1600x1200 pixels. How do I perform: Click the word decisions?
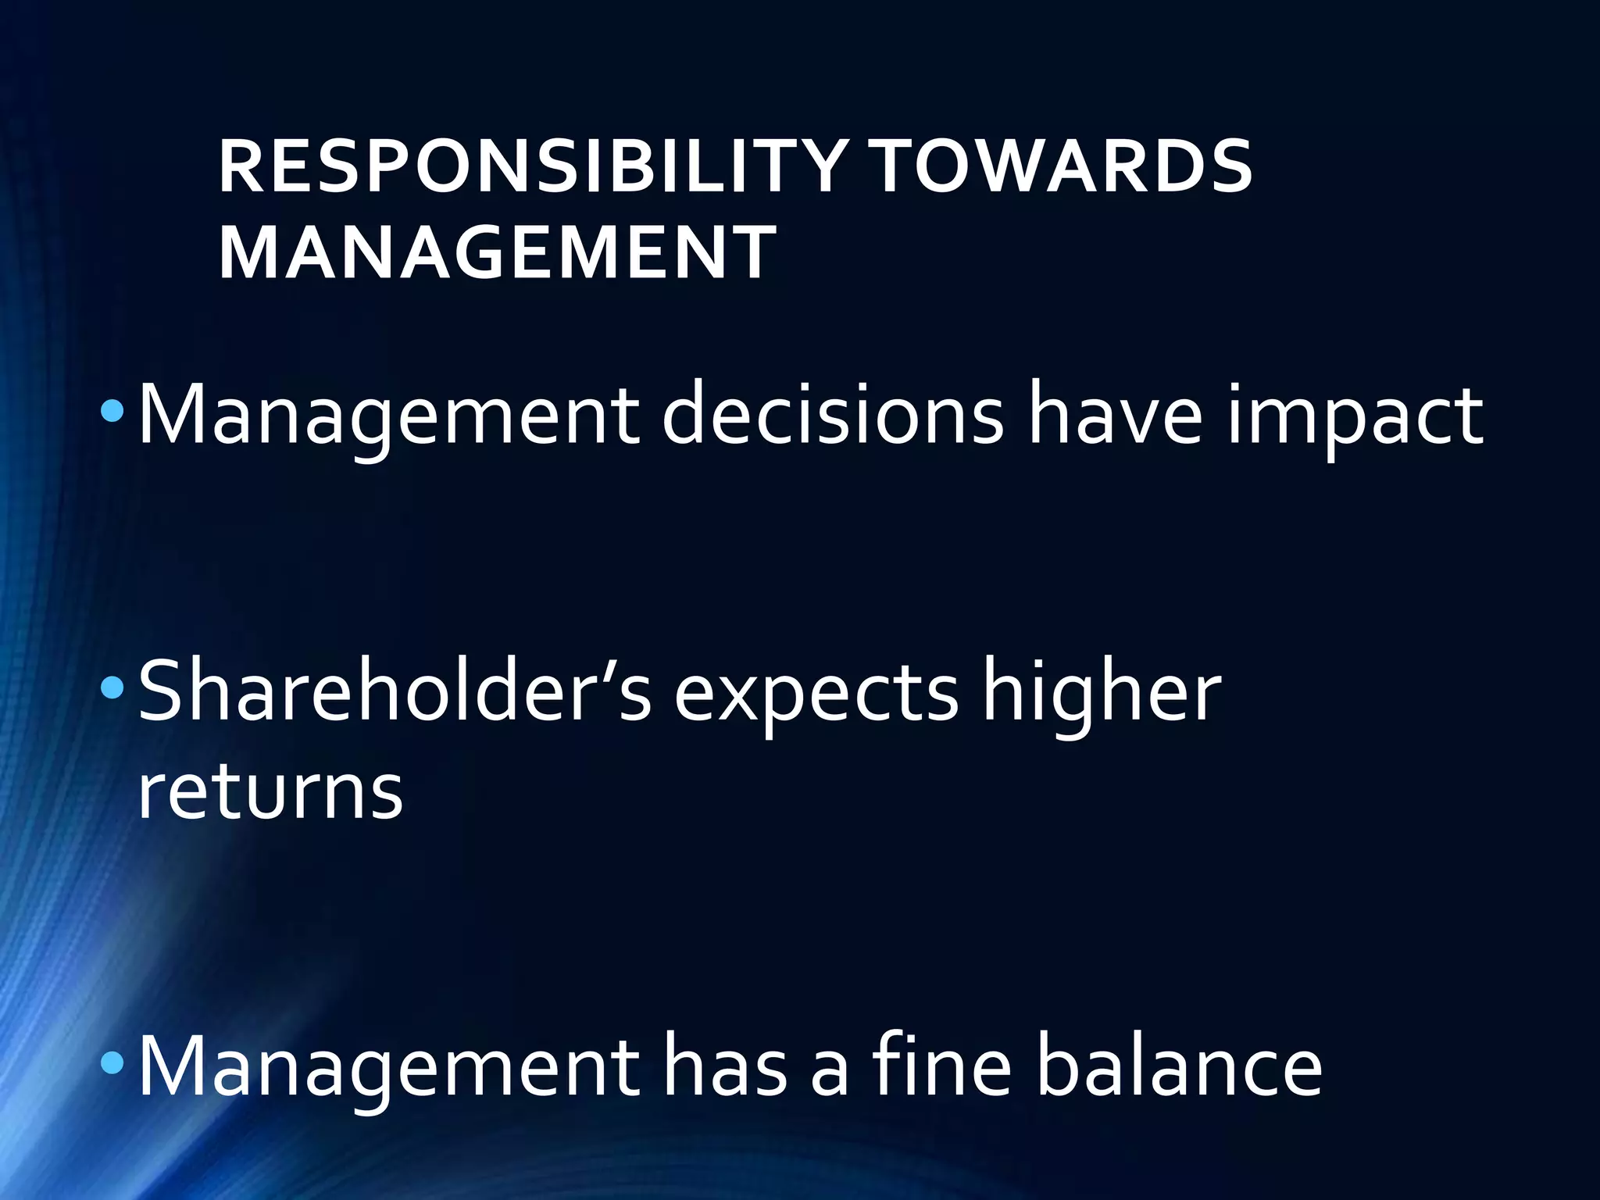(833, 414)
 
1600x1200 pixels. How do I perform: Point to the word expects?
(816, 695)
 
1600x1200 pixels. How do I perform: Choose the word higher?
(1102, 691)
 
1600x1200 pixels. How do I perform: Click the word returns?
(270, 793)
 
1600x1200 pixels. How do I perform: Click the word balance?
(1179, 1066)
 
